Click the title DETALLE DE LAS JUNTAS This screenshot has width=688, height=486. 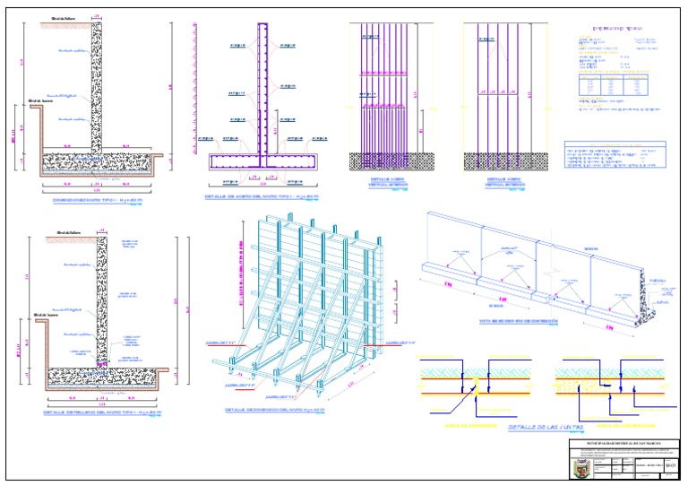545,427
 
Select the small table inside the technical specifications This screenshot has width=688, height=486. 614,88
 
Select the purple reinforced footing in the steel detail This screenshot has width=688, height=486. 263,162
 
